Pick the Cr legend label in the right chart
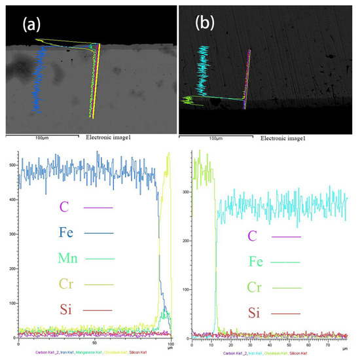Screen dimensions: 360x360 (x=253, y=287)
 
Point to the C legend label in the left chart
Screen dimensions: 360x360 (x=64, y=207)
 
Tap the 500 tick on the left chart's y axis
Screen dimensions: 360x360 (x=12, y=165)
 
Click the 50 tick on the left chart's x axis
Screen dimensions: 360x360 (x=94, y=343)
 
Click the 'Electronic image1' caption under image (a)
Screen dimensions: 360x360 (x=108, y=138)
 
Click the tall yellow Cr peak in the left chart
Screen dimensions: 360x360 (x=168, y=157)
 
